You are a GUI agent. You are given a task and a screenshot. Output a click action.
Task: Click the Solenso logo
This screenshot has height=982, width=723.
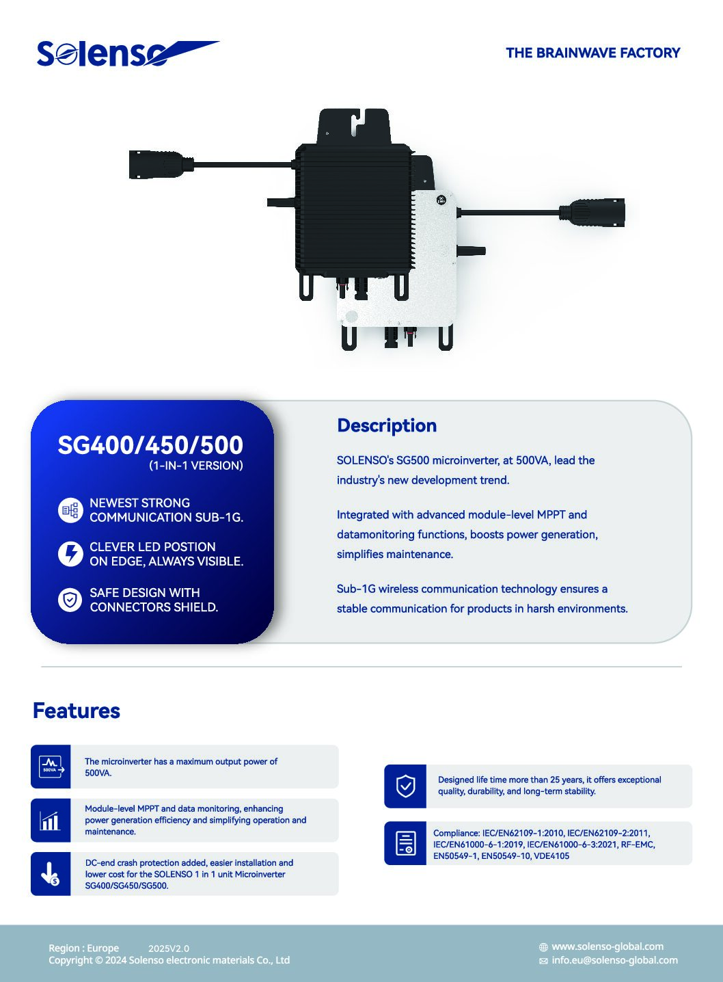pyautogui.click(x=127, y=54)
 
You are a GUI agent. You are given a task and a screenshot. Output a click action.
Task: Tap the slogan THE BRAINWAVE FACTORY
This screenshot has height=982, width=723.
pyautogui.click(x=593, y=53)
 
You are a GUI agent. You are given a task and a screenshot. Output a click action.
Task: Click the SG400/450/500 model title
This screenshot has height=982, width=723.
pyautogui.click(x=150, y=445)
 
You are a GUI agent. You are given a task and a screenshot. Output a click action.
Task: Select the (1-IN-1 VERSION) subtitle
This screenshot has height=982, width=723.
pyautogui.click(x=196, y=466)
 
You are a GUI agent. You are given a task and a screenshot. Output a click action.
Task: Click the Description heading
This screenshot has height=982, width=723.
pyautogui.click(x=387, y=425)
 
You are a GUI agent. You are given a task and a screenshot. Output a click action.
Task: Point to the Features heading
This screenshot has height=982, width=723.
pyautogui.click(x=77, y=711)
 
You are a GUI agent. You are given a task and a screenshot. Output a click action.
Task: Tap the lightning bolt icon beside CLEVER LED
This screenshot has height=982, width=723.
pyautogui.click(x=70, y=554)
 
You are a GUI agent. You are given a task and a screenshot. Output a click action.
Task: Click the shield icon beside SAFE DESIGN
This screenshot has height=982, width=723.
pyautogui.click(x=70, y=600)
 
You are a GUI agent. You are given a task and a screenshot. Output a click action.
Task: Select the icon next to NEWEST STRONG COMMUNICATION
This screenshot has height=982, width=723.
pyautogui.click(x=70, y=510)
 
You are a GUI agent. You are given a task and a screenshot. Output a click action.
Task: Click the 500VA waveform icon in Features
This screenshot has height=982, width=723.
pyautogui.click(x=51, y=767)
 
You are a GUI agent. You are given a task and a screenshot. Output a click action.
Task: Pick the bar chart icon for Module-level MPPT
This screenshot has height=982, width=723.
pyautogui.click(x=50, y=820)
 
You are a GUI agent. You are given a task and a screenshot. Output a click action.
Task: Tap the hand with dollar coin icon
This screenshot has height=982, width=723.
pyautogui.click(x=50, y=874)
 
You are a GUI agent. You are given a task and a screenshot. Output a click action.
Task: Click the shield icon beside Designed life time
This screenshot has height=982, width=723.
pyautogui.click(x=405, y=786)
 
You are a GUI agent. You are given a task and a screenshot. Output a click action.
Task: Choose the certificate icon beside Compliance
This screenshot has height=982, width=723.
pyautogui.click(x=405, y=843)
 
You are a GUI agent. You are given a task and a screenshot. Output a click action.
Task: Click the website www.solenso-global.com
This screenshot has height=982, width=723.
pyautogui.click(x=608, y=946)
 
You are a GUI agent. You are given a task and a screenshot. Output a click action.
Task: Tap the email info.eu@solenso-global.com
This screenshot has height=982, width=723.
pyautogui.click(x=615, y=960)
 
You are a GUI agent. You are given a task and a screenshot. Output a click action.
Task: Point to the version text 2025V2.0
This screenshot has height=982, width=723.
pyautogui.click(x=169, y=948)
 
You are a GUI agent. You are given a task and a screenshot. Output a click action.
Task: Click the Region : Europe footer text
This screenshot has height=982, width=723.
pyautogui.click(x=83, y=948)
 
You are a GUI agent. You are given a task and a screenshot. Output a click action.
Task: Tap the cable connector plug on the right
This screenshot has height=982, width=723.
pyautogui.click(x=592, y=213)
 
